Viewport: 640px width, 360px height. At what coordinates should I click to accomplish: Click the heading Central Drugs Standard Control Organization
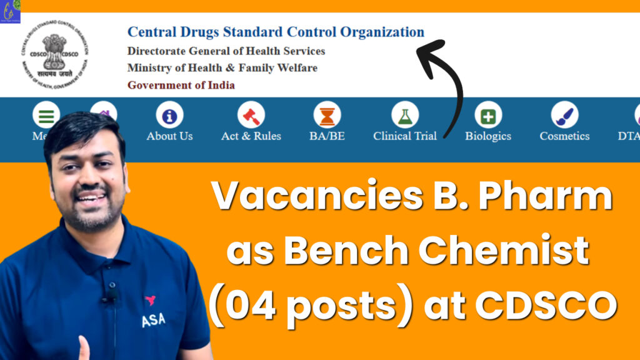click(276, 32)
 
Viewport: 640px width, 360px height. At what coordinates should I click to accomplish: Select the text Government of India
click(181, 85)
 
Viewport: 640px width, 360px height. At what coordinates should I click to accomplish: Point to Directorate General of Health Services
click(226, 51)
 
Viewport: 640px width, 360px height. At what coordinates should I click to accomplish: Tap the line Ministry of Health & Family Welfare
click(222, 67)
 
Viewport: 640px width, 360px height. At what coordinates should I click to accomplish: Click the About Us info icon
click(169, 116)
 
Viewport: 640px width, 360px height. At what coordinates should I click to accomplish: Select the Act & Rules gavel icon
click(251, 116)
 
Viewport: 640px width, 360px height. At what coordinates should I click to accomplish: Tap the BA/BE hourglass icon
click(327, 116)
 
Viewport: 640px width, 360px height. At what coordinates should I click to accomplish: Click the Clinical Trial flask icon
click(405, 116)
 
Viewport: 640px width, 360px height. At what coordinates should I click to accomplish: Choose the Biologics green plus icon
click(488, 116)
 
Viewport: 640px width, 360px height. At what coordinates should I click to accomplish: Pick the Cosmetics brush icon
click(564, 116)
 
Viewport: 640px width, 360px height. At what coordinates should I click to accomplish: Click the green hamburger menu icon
click(46, 116)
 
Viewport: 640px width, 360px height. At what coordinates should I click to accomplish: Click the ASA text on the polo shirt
click(153, 320)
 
